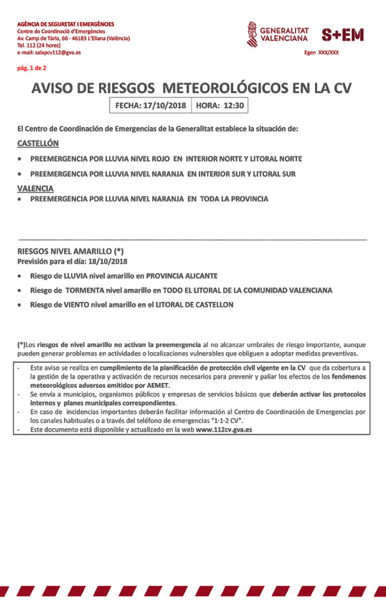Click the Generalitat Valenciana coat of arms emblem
point(252,34)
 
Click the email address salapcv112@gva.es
point(57,52)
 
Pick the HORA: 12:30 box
point(220,105)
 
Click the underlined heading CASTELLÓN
point(38,143)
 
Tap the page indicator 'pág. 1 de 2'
point(32,68)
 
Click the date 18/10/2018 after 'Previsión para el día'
point(105,261)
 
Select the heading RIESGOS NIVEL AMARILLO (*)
point(70,252)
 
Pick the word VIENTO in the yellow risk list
point(77,305)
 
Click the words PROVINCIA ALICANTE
point(182,275)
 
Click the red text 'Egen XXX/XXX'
point(321,52)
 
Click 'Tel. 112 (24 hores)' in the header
point(42,45)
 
